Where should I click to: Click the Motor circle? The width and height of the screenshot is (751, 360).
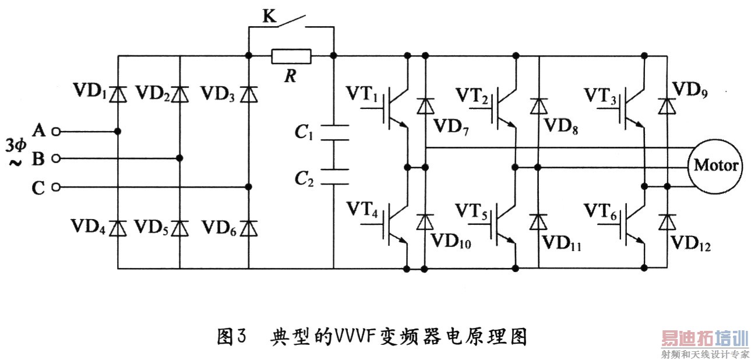coord(715,165)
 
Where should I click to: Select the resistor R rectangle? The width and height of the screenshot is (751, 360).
coord(291,56)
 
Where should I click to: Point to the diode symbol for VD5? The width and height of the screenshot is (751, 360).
coord(179,227)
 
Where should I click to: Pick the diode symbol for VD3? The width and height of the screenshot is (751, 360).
coord(249,93)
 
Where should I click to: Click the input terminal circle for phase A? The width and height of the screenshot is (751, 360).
coord(57,131)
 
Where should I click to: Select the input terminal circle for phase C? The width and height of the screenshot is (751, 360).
coord(57,187)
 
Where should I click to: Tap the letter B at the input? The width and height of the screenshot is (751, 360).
coord(39,158)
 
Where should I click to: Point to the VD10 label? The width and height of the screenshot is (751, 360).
coord(450,241)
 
